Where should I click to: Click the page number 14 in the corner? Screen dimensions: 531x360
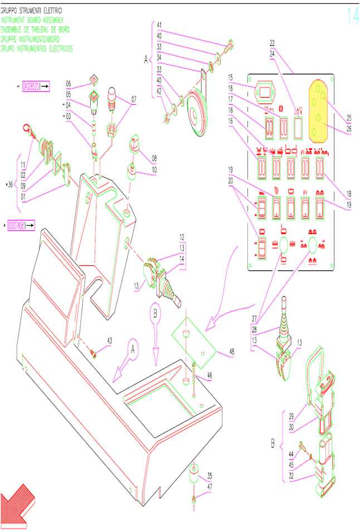click(x=352, y=16)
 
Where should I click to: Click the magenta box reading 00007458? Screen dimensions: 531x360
click(x=21, y=226)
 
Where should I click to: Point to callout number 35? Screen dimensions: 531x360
click(x=208, y=475)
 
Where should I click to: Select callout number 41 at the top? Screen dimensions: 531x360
click(x=159, y=25)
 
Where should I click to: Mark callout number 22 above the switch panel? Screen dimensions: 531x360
click(x=273, y=42)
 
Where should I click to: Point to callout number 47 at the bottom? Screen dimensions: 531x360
click(x=208, y=486)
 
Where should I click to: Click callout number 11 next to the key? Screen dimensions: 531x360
click(x=23, y=165)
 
